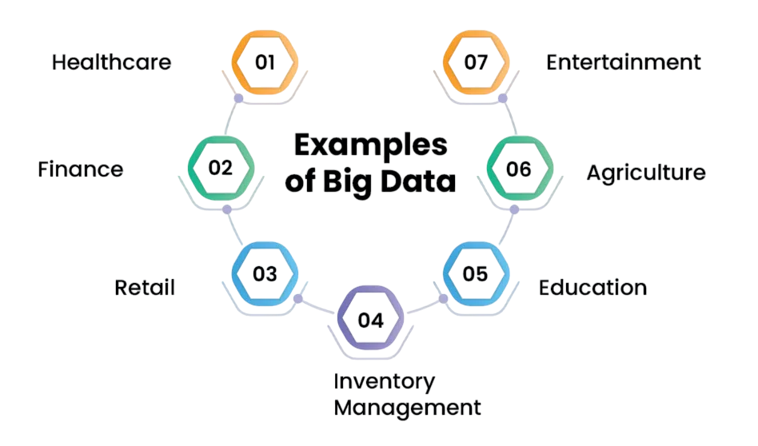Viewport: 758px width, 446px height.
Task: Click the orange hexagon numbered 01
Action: click(x=265, y=62)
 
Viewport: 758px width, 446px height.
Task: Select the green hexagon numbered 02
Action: click(x=221, y=168)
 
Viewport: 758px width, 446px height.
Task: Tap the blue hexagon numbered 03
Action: click(x=265, y=274)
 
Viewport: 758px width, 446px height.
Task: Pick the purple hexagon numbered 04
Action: click(x=371, y=320)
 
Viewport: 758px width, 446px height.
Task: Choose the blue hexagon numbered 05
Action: click(x=475, y=274)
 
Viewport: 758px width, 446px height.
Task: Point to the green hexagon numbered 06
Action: click(x=519, y=168)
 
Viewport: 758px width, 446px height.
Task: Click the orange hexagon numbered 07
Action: click(x=476, y=62)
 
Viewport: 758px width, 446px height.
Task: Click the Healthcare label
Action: click(x=112, y=62)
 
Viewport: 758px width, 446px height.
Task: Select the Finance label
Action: click(x=81, y=169)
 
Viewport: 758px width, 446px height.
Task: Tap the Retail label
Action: click(x=145, y=288)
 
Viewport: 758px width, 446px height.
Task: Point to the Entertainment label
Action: click(x=624, y=62)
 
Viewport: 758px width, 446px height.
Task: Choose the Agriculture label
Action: click(x=646, y=173)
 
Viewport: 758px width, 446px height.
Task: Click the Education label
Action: click(x=592, y=288)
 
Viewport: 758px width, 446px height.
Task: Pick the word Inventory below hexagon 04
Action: click(x=384, y=381)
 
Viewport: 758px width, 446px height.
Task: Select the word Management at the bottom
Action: click(x=408, y=408)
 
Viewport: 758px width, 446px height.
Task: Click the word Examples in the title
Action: click(x=370, y=146)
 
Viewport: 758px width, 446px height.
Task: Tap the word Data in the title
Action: click(x=424, y=181)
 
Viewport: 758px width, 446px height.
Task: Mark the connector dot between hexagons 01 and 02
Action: click(x=237, y=98)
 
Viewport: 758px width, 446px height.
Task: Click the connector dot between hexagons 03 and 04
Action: click(x=298, y=299)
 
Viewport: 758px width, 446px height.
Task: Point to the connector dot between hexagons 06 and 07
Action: click(x=503, y=98)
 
